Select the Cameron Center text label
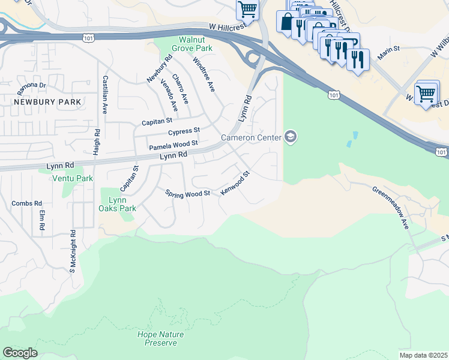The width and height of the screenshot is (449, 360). [x=252, y=138]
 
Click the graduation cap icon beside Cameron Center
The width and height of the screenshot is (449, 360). [x=291, y=138]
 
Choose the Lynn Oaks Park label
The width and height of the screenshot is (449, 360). [x=118, y=204]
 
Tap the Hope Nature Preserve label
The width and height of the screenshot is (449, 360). [x=157, y=338]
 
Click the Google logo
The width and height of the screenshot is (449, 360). [x=20, y=353]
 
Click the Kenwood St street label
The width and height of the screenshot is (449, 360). [x=235, y=183]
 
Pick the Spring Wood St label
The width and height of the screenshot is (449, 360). [x=188, y=193]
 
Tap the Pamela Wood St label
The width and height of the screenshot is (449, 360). [x=173, y=144]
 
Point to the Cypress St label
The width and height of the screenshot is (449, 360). [x=184, y=131]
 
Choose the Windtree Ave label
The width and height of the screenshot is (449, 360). [x=203, y=74]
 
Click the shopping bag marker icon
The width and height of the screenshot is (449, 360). [x=285, y=22]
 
